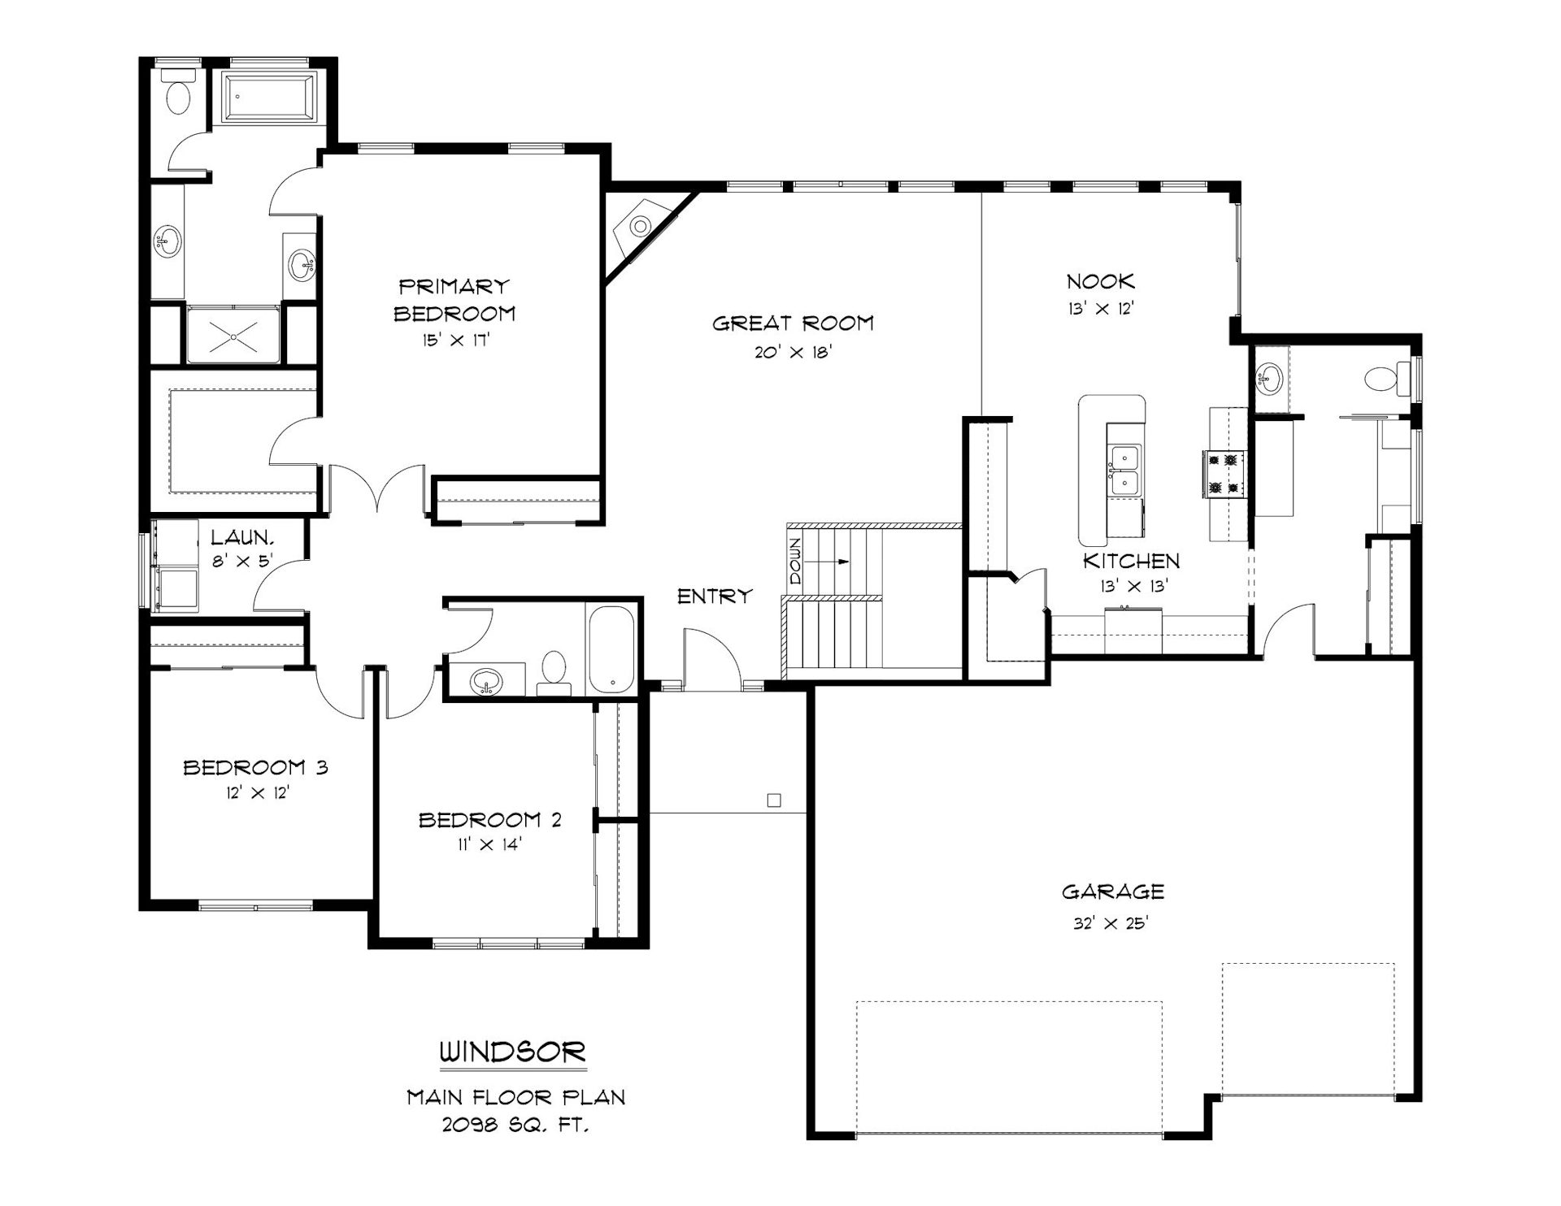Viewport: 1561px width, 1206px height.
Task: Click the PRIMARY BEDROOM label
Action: point(454,300)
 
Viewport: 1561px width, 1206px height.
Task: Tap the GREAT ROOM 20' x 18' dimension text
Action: point(794,352)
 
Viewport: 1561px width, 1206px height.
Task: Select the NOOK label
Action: point(1101,282)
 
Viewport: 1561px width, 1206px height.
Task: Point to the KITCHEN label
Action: point(1131,561)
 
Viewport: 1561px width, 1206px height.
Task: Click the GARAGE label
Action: point(1113,891)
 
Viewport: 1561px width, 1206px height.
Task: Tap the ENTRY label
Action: point(715,596)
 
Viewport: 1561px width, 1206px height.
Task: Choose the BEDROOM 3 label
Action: point(255,767)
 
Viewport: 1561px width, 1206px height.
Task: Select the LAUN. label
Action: point(242,537)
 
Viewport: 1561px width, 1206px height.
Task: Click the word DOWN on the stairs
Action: point(795,561)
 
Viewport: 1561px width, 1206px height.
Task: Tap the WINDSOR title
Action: point(513,1052)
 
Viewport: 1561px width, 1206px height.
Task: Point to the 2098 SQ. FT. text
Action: point(515,1126)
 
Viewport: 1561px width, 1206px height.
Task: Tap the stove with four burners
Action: point(1224,474)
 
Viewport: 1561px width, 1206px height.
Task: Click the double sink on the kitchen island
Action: point(1125,470)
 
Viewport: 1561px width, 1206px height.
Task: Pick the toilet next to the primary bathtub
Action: point(178,92)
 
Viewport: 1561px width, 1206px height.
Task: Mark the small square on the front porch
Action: point(774,800)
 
